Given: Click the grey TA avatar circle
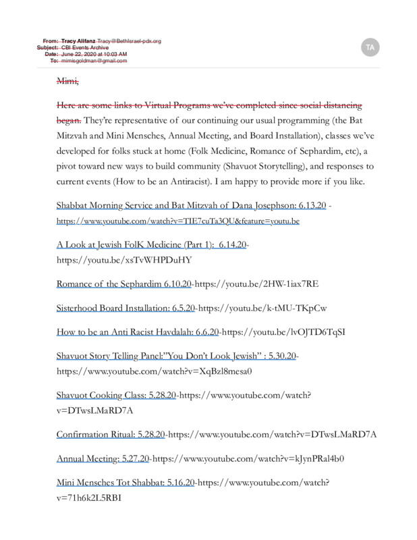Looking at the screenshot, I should pyautogui.click(x=369, y=47).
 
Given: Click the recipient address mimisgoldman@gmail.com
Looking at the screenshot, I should pyautogui.click(x=94, y=61).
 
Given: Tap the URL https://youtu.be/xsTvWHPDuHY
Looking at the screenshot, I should pyautogui.click(x=125, y=260).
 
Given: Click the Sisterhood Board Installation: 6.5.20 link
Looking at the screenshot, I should pyautogui.click(x=126, y=308).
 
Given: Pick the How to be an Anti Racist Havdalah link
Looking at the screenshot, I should pyautogui.click(x=138, y=332).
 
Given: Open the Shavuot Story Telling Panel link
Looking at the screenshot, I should pyautogui.click(x=177, y=356).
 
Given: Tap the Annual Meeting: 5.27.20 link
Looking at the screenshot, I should pyautogui.click(x=103, y=458).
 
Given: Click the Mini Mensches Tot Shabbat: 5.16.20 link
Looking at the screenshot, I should pyautogui.click(x=126, y=483).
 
